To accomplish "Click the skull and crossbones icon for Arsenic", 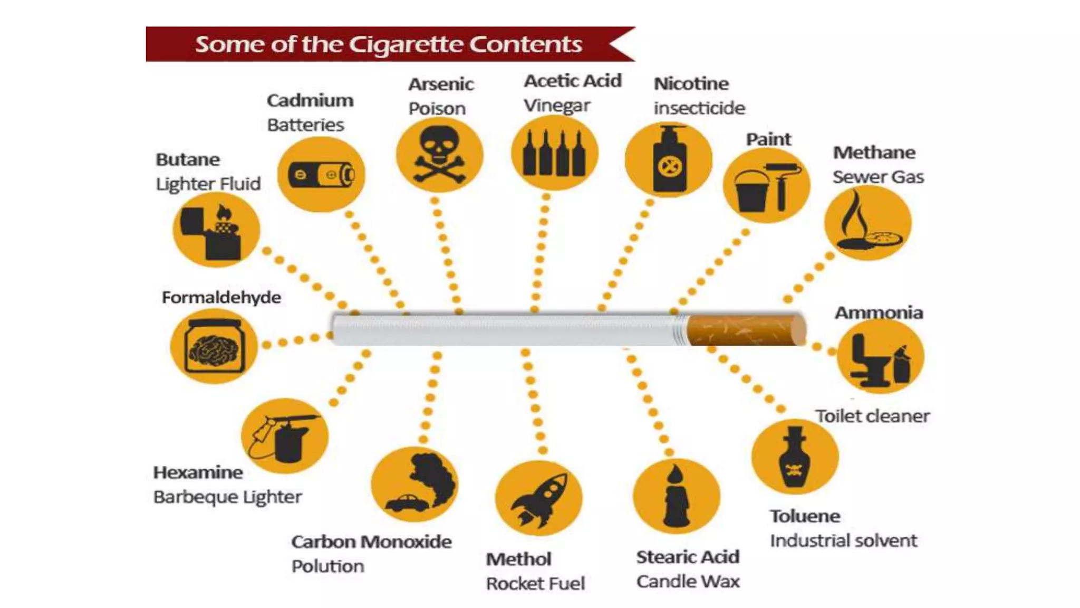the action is click(x=439, y=155).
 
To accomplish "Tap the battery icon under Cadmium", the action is click(x=321, y=175).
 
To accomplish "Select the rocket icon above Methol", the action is click(x=539, y=498).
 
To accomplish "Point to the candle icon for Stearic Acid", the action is click(x=677, y=496).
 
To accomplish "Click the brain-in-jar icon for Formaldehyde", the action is click(x=214, y=346).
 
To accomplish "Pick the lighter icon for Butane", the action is click(x=216, y=230).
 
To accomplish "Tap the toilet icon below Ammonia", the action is click(x=880, y=356).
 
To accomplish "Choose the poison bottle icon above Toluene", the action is click(x=795, y=457).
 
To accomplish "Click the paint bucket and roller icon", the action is click(x=766, y=185).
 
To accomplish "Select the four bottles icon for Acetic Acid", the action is click(x=555, y=153).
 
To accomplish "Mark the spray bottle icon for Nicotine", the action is click(x=669, y=159).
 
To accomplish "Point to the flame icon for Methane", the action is click(x=868, y=222).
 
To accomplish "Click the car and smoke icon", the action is click(x=414, y=484).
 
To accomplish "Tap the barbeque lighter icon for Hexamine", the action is click(x=285, y=436).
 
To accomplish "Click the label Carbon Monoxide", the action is click(x=371, y=541).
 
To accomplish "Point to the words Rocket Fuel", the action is click(x=535, y=583).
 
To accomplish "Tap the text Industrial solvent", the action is click(x=843, y=540).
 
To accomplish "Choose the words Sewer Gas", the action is click(x=878, y=177).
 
